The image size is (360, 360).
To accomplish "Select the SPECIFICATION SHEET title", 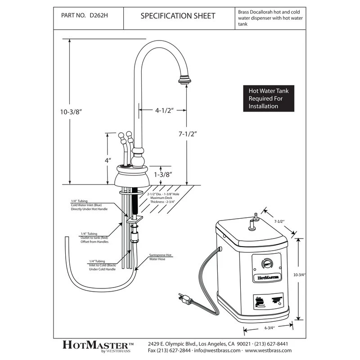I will click(178, 16).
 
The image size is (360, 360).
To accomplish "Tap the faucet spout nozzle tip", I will click(184, 81).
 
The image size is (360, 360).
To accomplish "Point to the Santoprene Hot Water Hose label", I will click(160, 257).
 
